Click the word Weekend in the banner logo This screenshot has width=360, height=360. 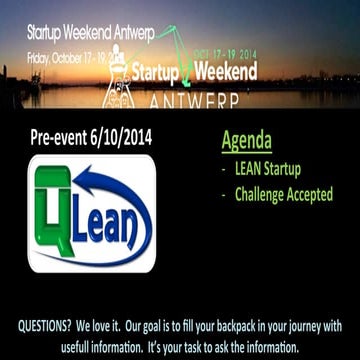pos(223,72)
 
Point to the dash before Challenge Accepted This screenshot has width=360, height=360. pos(222,194)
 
